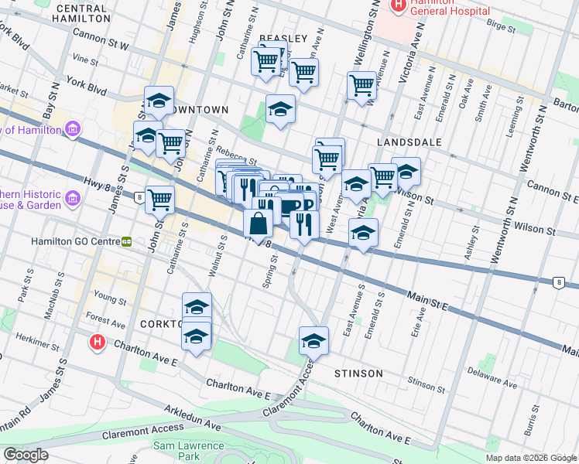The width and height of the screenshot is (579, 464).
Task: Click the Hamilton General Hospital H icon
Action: (x=399, y=5)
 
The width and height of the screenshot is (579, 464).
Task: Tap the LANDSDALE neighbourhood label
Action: (x=409, y=143)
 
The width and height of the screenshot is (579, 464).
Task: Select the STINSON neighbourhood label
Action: (x=358, y=374)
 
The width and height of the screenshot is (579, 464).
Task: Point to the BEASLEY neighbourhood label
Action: (x=283, y=39)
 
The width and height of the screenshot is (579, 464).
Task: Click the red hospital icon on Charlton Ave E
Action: (x=97, y=341)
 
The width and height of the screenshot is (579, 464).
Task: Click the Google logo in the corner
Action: (x=26, y=455)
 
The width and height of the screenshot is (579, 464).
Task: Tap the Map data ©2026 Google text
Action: (x=531, y=458)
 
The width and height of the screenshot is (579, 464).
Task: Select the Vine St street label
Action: (x=80, y=57)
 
